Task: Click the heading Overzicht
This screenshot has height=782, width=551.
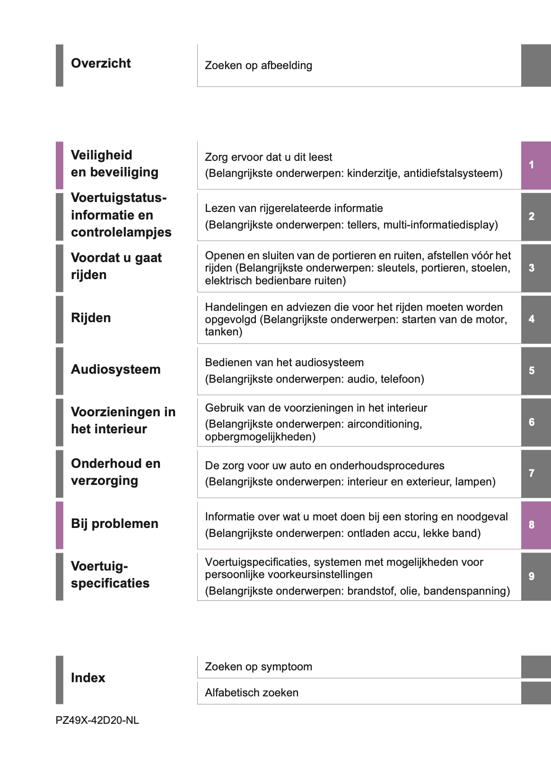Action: pyautogui.click(x=101, y=63)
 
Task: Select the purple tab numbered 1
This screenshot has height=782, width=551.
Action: pyautogui.click(x=535, y=165)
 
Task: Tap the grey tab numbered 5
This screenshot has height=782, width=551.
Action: pyautogui.click(x=535, y=371)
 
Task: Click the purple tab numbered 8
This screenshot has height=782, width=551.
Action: pyautogui.click(x=535, y=525)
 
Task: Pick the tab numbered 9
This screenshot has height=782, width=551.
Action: pyautogui.click(x=535, y=576)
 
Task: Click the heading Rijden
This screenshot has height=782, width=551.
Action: pyautogui.click(x=91, y=318)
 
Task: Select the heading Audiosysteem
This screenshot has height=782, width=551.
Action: pyautogui.click(x=116, y=369)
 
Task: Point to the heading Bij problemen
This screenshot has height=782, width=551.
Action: pyautogui.click(x=114, y=524)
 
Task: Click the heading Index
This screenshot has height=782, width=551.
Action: pyautogui.click(x=88, y=678)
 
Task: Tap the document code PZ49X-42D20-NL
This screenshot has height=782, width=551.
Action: pyautogui.click(x=97, y=720)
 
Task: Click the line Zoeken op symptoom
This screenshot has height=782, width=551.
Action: pyautogui.click(x=258, y=667)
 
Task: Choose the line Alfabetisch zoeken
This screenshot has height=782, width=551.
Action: pyautogui.click(x=252, y=693)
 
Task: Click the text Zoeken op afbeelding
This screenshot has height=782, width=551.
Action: pyautogui.click(x=258, y=65)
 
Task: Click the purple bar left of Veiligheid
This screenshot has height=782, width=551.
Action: pyautogui.click(x=59, y=165)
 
